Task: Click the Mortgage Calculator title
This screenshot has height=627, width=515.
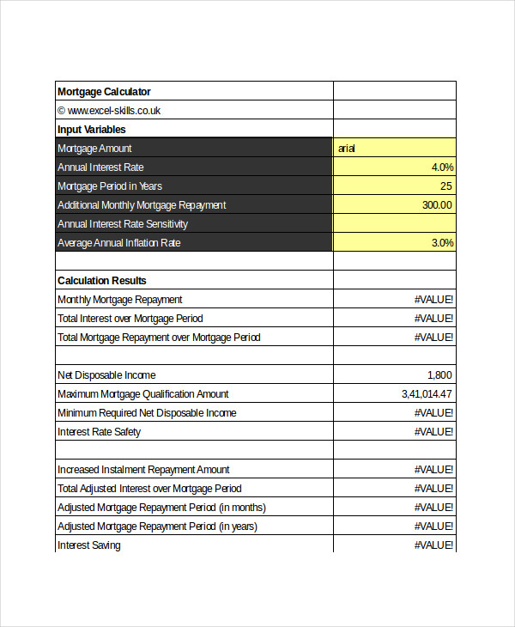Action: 104,92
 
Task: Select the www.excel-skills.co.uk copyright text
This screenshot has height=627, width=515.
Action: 109,111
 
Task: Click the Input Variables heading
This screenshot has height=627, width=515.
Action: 91,130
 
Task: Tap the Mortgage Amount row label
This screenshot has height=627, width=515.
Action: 94,149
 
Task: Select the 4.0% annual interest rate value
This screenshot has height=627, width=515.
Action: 442,167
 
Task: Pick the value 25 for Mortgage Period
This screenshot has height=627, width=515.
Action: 445,186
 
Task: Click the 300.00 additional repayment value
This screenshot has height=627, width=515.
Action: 436,205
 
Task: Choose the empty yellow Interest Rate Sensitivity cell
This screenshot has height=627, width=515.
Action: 395,224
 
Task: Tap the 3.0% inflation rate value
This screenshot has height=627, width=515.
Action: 442,243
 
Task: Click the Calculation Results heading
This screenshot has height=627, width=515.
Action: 101,281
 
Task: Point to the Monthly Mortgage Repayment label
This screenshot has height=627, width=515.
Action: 119,300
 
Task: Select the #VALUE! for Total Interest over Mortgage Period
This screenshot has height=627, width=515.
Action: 433,319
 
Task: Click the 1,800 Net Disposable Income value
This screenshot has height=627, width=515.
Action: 439,375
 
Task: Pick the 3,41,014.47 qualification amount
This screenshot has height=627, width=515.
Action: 427,394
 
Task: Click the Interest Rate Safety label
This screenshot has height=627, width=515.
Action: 99,432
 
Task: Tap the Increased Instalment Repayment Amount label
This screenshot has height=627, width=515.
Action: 143,470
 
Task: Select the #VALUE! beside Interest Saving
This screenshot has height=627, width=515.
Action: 433,545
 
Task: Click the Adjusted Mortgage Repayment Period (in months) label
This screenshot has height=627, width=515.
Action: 161,508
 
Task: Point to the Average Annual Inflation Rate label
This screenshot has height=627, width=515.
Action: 119,243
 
